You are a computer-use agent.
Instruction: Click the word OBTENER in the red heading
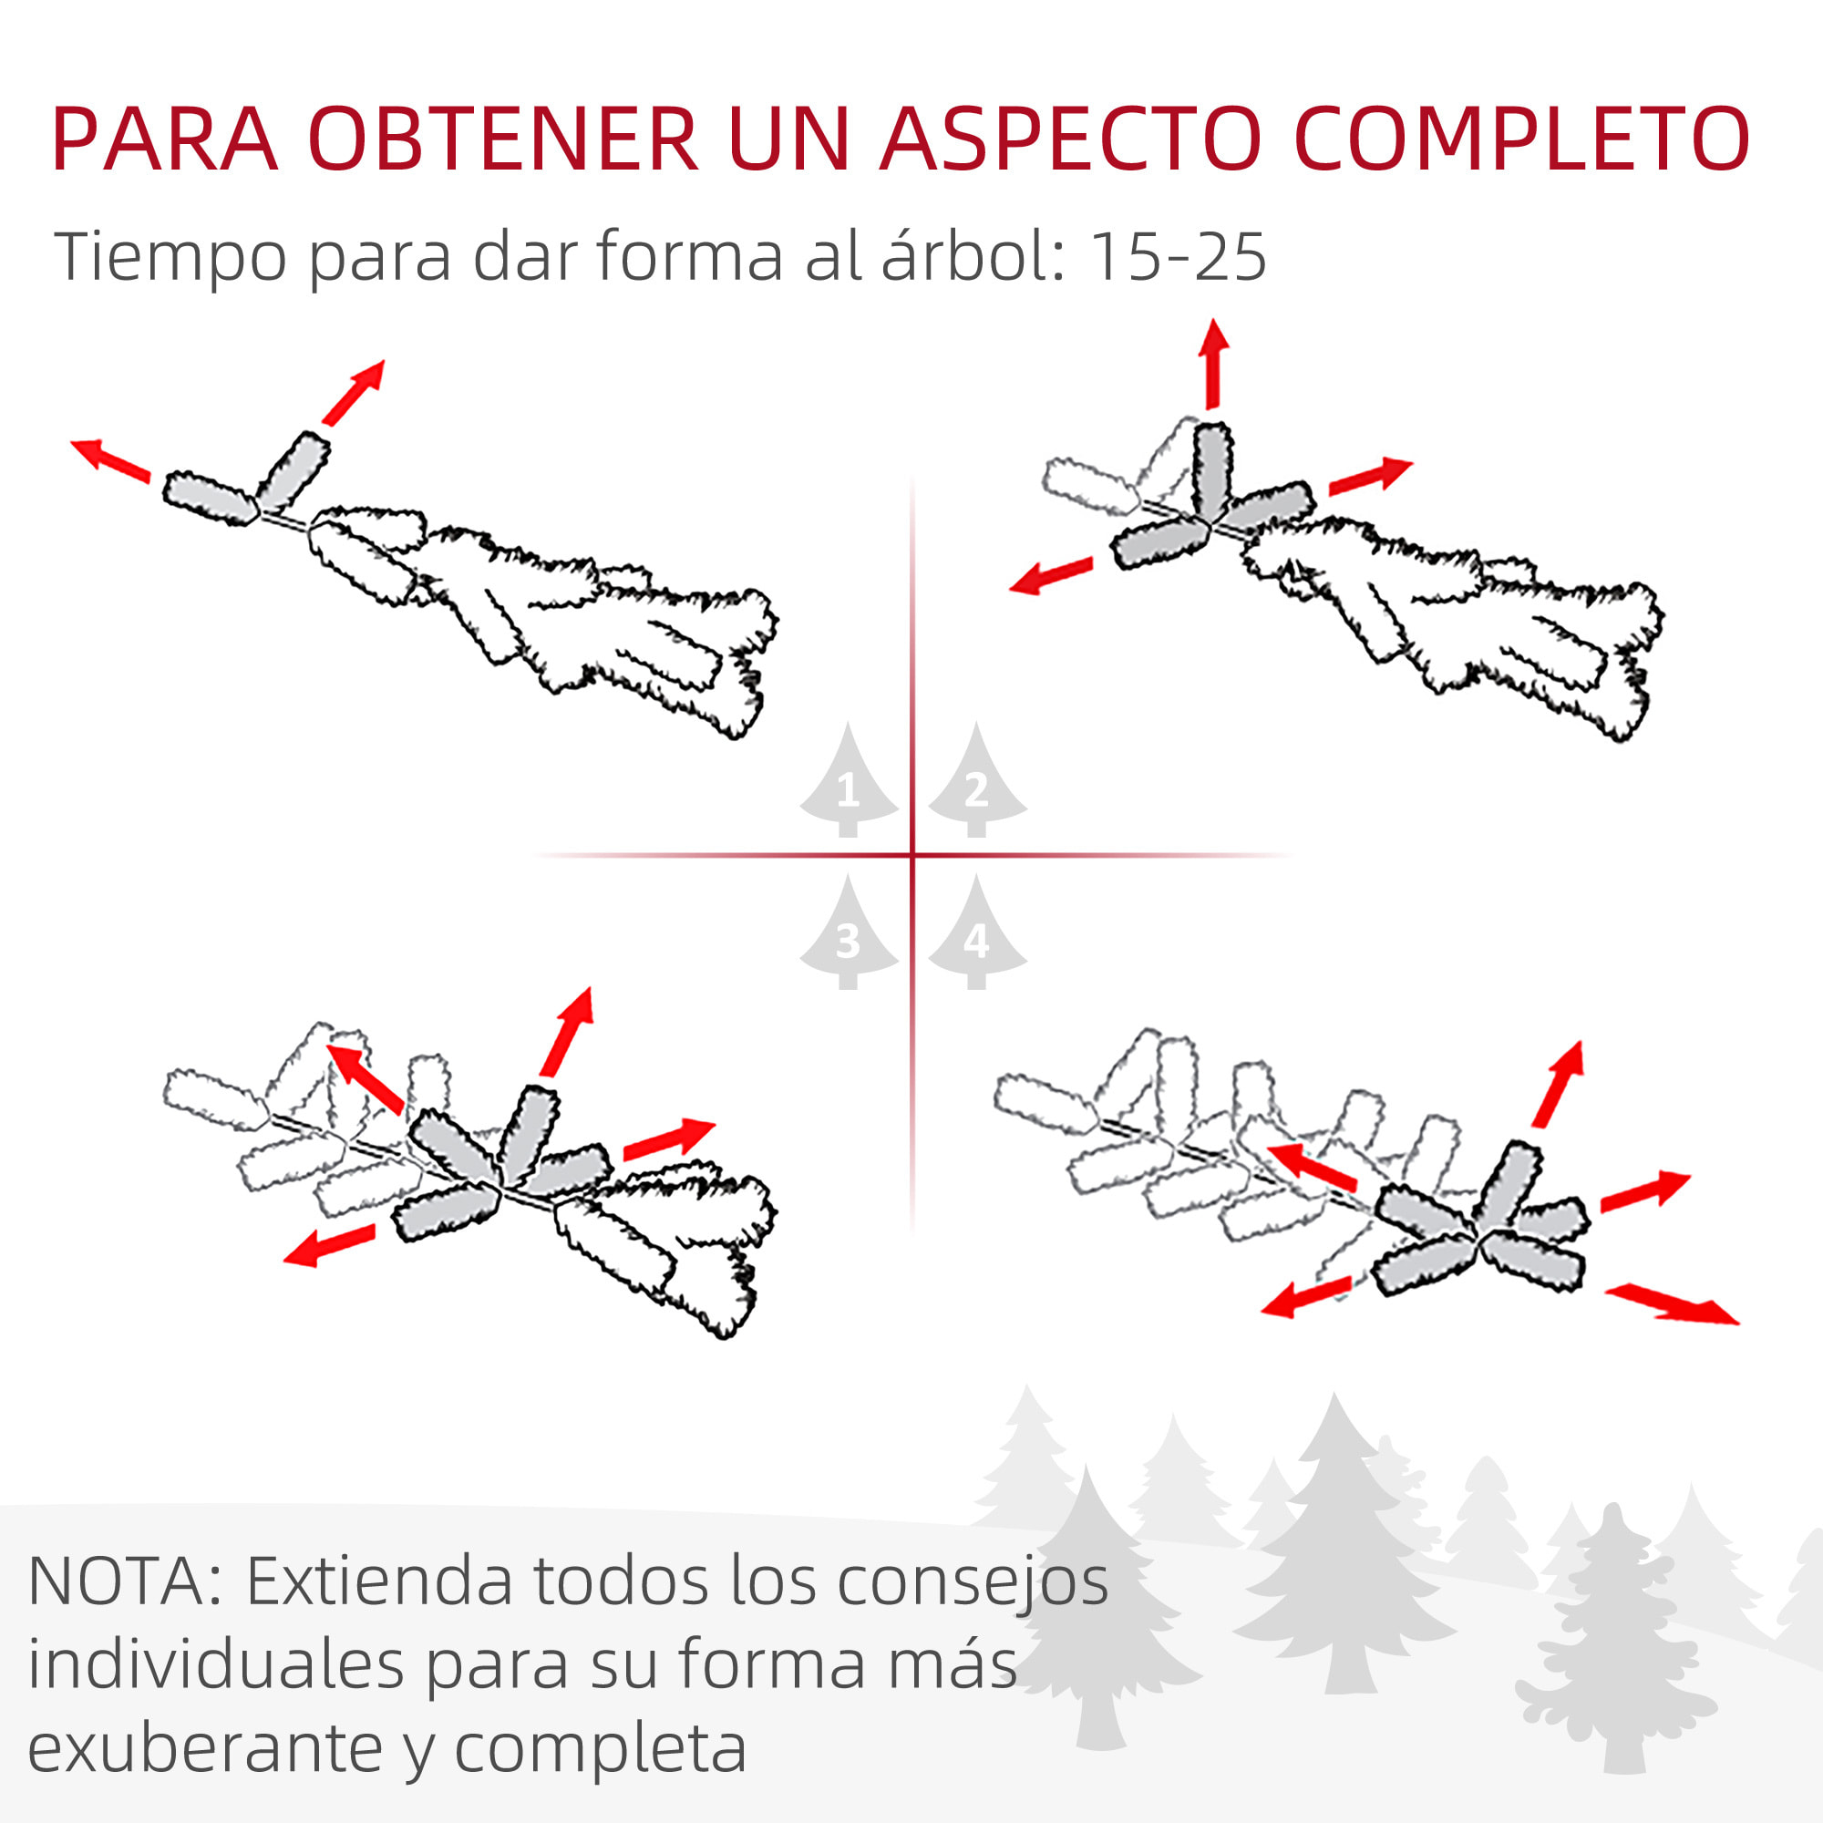502,139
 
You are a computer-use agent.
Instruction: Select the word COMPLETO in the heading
1521,139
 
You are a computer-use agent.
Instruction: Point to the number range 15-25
1177,257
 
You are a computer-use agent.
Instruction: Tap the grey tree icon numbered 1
848,783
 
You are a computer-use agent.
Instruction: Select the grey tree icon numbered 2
976,783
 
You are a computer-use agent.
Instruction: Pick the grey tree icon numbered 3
848,935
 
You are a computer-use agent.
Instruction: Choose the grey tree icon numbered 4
976,935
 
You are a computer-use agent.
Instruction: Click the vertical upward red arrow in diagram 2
1213,363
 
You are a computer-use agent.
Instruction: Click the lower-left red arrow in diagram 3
329,1244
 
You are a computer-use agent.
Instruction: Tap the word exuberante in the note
205,1748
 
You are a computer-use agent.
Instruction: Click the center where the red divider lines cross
912,856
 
